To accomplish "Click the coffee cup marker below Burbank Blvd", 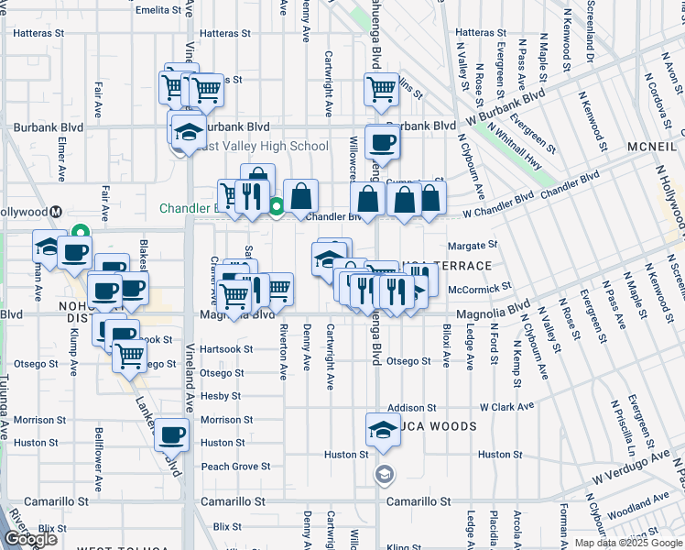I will [x=382, y=142].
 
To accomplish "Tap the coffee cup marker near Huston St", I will [x=171, y=434].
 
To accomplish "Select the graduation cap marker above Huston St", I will [x=382, y=429].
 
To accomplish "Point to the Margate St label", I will [x=472, y=246].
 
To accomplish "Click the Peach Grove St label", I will [x=235, y=467].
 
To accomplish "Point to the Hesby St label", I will [x=221, y=396].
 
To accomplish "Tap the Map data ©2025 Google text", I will [x=628, y=543].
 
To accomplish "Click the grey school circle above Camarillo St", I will [x=384, y=473].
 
